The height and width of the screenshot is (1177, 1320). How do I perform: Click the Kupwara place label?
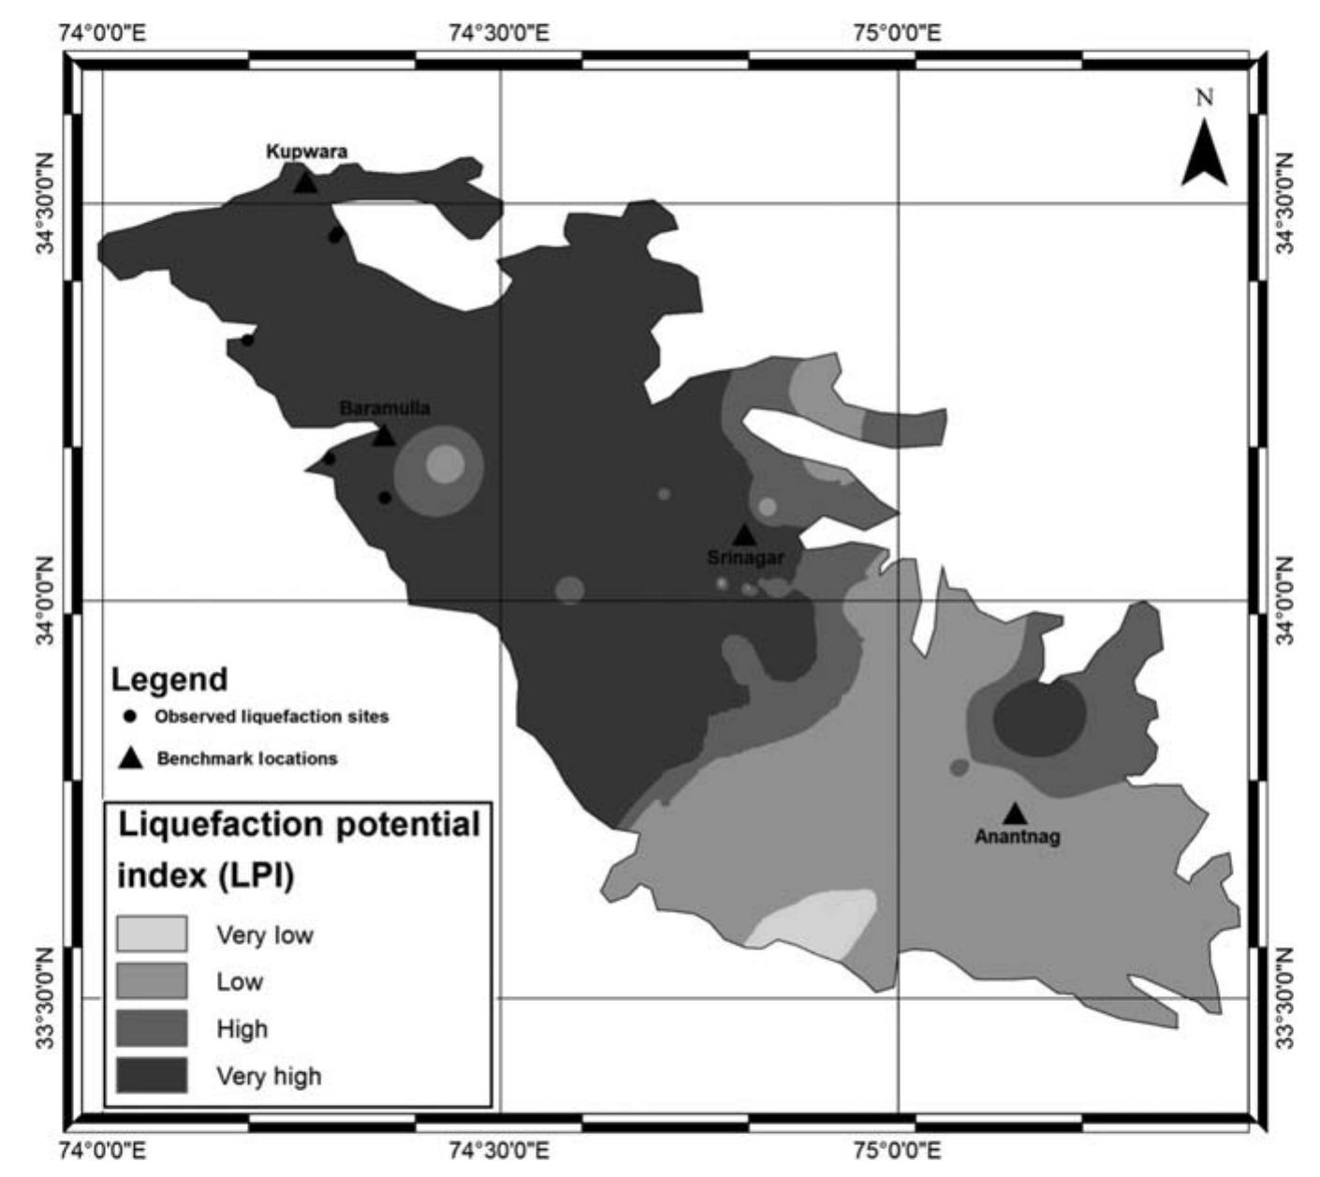point(306,151)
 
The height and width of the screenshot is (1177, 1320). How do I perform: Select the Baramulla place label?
point(385,408)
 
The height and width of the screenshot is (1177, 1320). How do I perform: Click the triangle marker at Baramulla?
point(384,435)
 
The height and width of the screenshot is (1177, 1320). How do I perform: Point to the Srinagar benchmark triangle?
point(744,535)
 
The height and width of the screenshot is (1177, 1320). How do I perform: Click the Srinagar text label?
point(745,558)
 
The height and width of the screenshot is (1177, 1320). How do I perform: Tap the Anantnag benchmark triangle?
point(1015,813)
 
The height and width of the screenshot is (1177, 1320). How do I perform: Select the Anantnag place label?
point(1018,836)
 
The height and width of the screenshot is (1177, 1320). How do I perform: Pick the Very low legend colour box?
point(152,934)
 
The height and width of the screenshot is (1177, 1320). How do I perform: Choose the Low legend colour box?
point(152,980)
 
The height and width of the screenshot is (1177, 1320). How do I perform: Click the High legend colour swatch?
point(152,1028)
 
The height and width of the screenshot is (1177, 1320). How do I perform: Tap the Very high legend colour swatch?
point(152,1075)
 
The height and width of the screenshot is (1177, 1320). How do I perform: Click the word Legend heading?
point(169,679)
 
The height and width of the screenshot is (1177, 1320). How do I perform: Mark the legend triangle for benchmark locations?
point(130,758)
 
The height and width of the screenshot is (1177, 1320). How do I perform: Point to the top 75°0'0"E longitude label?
point(897,35)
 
